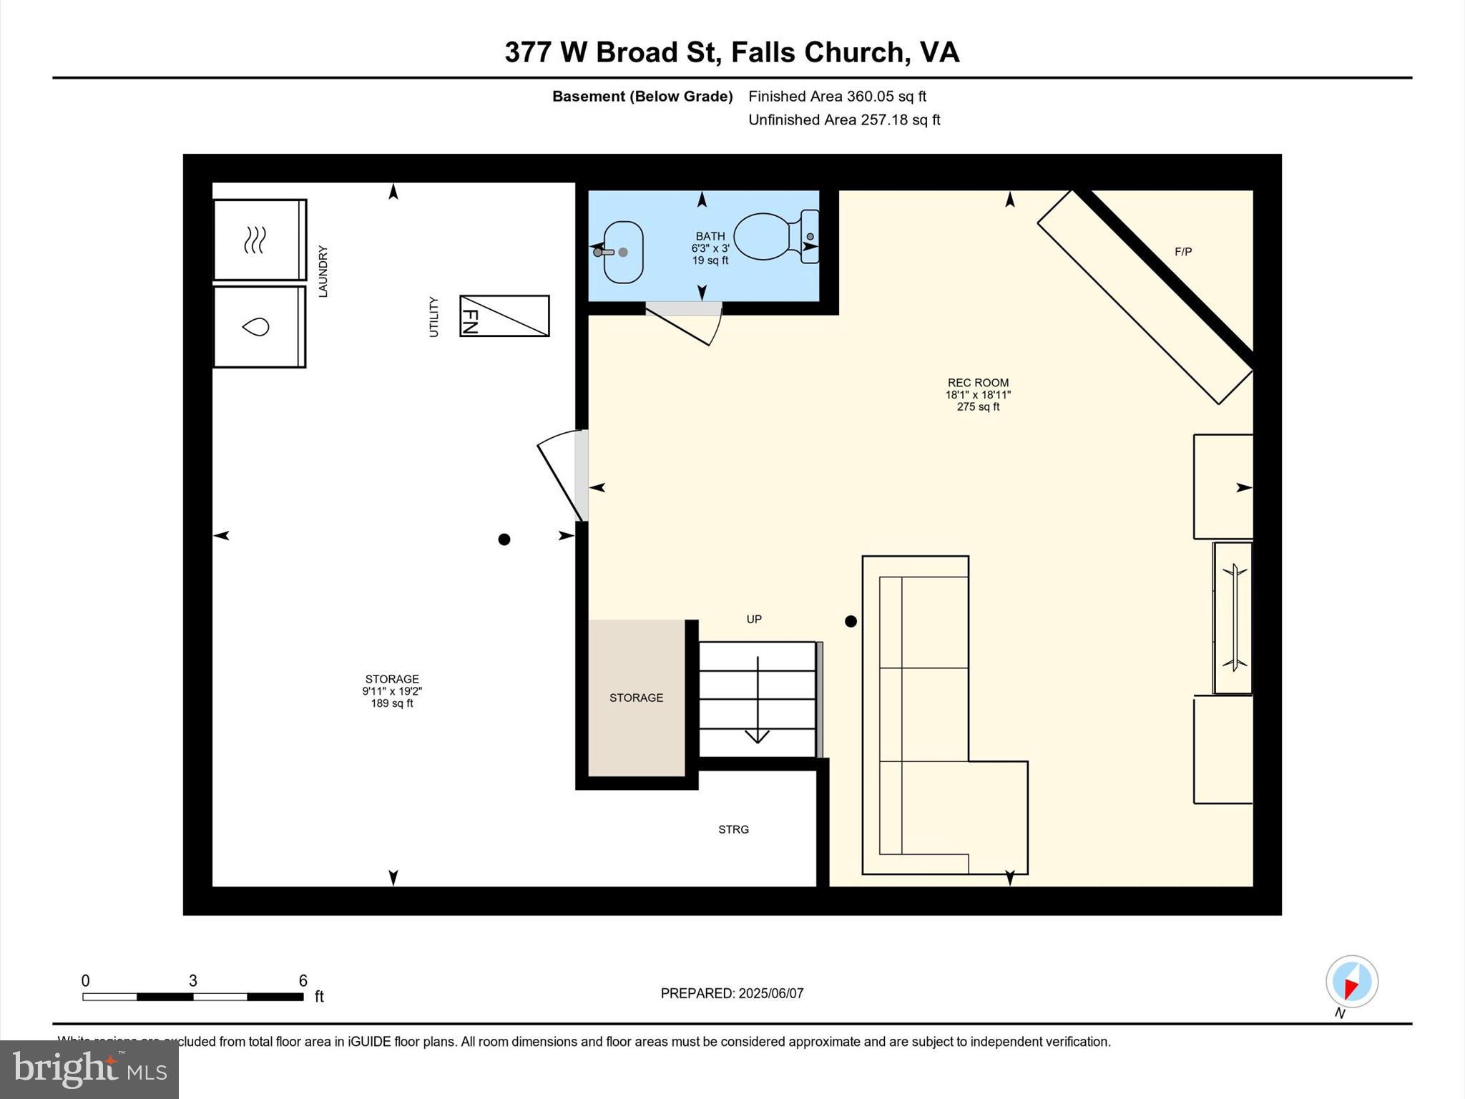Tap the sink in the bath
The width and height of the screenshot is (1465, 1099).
[622, 252]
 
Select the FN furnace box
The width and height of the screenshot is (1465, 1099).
[504, 316]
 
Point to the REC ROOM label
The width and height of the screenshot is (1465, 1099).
[978, 383]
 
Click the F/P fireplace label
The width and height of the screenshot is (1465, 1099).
[1183, 252]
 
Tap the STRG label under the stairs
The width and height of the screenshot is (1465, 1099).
[733, 829]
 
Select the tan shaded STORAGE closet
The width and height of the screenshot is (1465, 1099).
[636, 698]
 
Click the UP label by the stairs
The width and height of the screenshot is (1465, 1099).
[754, 619]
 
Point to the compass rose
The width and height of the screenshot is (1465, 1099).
[1351, 982]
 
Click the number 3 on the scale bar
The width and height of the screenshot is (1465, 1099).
[192, 981]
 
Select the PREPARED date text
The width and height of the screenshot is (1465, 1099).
[732, 993]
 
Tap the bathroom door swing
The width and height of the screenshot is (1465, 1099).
[687, 326]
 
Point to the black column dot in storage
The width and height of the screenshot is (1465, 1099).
[504, 539]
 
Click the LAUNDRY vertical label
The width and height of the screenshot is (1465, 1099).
[323, 271]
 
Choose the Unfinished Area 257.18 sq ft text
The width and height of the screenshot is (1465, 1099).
[844, 120]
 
